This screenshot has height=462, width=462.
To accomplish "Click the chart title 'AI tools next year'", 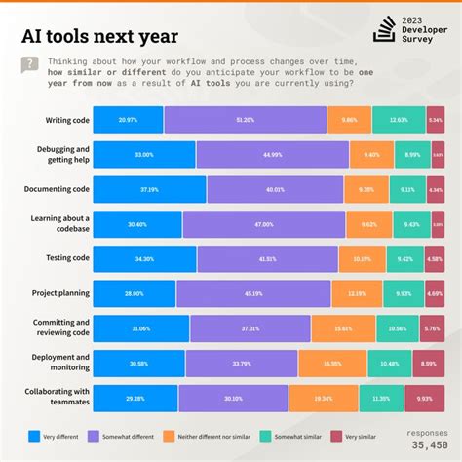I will [x=99, y=37].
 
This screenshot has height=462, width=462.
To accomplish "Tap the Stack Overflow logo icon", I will [x=384, y=29].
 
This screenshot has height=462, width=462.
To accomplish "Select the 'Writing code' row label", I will [x=67, y=120].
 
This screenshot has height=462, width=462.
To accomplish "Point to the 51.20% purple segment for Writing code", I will [x=245, y=120].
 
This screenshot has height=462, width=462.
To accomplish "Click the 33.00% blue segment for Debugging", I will [x=144, y=155].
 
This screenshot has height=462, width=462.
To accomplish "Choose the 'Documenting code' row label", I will [x=58, y=189].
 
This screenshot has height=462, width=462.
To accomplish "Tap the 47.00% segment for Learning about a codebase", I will [x=263, y=224].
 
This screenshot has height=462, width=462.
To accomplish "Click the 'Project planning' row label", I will [x=63, y=293].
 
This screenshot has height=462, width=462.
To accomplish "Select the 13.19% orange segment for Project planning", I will [x=357, y=293].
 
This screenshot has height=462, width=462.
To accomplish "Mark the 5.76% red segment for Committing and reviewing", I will [x=434, y=328].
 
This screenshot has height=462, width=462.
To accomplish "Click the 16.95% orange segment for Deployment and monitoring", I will [x=333, y=363].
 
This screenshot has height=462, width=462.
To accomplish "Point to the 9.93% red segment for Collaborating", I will [x=425, y=398].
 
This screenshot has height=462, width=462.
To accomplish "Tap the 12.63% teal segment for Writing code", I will [x=399, y=120].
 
